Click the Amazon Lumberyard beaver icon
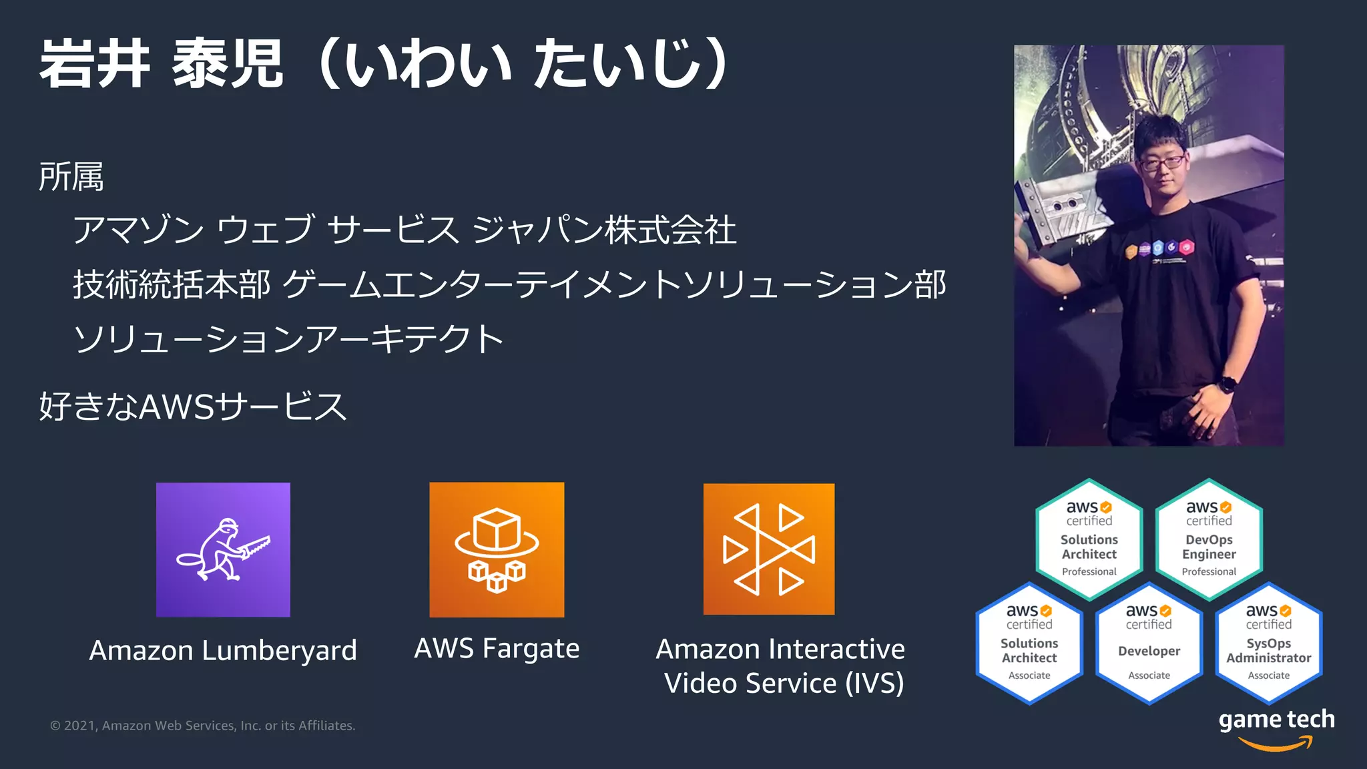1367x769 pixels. pyautogui.click(x=223, y=549)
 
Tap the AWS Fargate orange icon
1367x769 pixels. pyautogui.click(x=497, y=549)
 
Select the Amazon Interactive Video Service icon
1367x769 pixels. pyautogui.click(x=769, y=549)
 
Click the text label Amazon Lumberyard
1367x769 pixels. pyautogui.click(x=223, y=650)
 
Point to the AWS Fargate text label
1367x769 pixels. pyautogui.click(x=497, y=649)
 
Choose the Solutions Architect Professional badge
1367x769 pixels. pyautogui.click(x=1089, y=539)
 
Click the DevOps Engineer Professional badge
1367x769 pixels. pyautogui.click(x=1209, y=539)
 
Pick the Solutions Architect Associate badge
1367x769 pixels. pyautogui.click(x=1029, y=644)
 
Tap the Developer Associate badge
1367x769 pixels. pyautogui.click(x=1149, y=644)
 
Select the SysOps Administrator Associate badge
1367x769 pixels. pyautogui.click(x=1268, y=644)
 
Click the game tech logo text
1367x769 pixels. pyautogui.click(x=1276, y=720)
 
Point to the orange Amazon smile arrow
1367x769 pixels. pyautogui.click(x=1276, y=744)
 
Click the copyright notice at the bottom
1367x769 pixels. pyautogui.click(x=203, y=726)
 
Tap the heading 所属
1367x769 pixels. pyautogui.click(x=71, y=177)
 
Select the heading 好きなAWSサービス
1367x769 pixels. pyautogui.click(x=193, y=406)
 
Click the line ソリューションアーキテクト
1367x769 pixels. pyautogui.click(x=288, y=339)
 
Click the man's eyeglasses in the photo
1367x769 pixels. pyautogui.click(x=1162, y=162)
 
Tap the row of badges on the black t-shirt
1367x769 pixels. pyautogui.click(x=1159, y=248)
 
